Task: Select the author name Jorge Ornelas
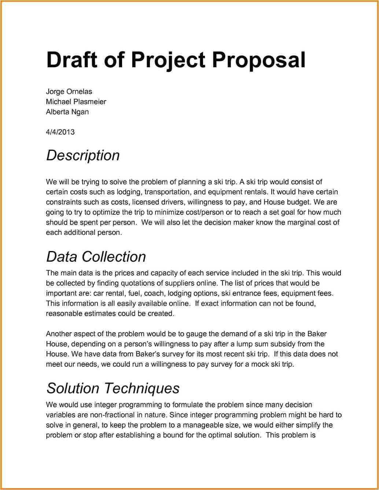[69, 92]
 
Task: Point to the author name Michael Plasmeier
[76, 102]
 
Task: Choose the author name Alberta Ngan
[67, 112]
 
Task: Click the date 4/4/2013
[60, 132]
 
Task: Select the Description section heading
[83, 155]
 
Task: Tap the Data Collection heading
[96, 257]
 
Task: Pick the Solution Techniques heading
[113, 388]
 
